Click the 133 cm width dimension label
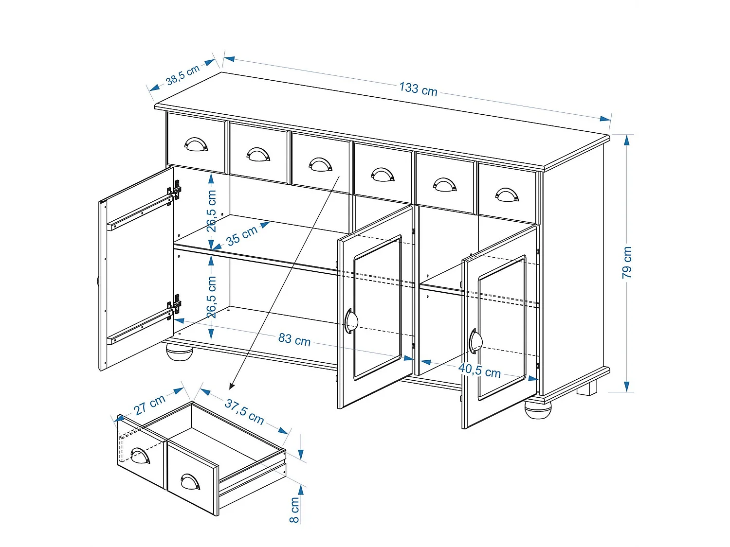418,89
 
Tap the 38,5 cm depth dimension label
182,75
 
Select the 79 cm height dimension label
627,263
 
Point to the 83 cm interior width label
294,339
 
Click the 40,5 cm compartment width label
479,371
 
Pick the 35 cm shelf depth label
242,236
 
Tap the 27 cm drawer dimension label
149,405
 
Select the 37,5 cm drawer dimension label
244,411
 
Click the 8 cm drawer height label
294,510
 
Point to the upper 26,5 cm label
211,211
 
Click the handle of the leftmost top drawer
196,144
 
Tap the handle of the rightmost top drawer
507,195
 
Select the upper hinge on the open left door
175,190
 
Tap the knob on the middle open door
351,321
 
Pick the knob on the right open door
475,341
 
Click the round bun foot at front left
180,352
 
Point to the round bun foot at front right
537,409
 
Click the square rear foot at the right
587,388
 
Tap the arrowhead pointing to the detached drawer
232,386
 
